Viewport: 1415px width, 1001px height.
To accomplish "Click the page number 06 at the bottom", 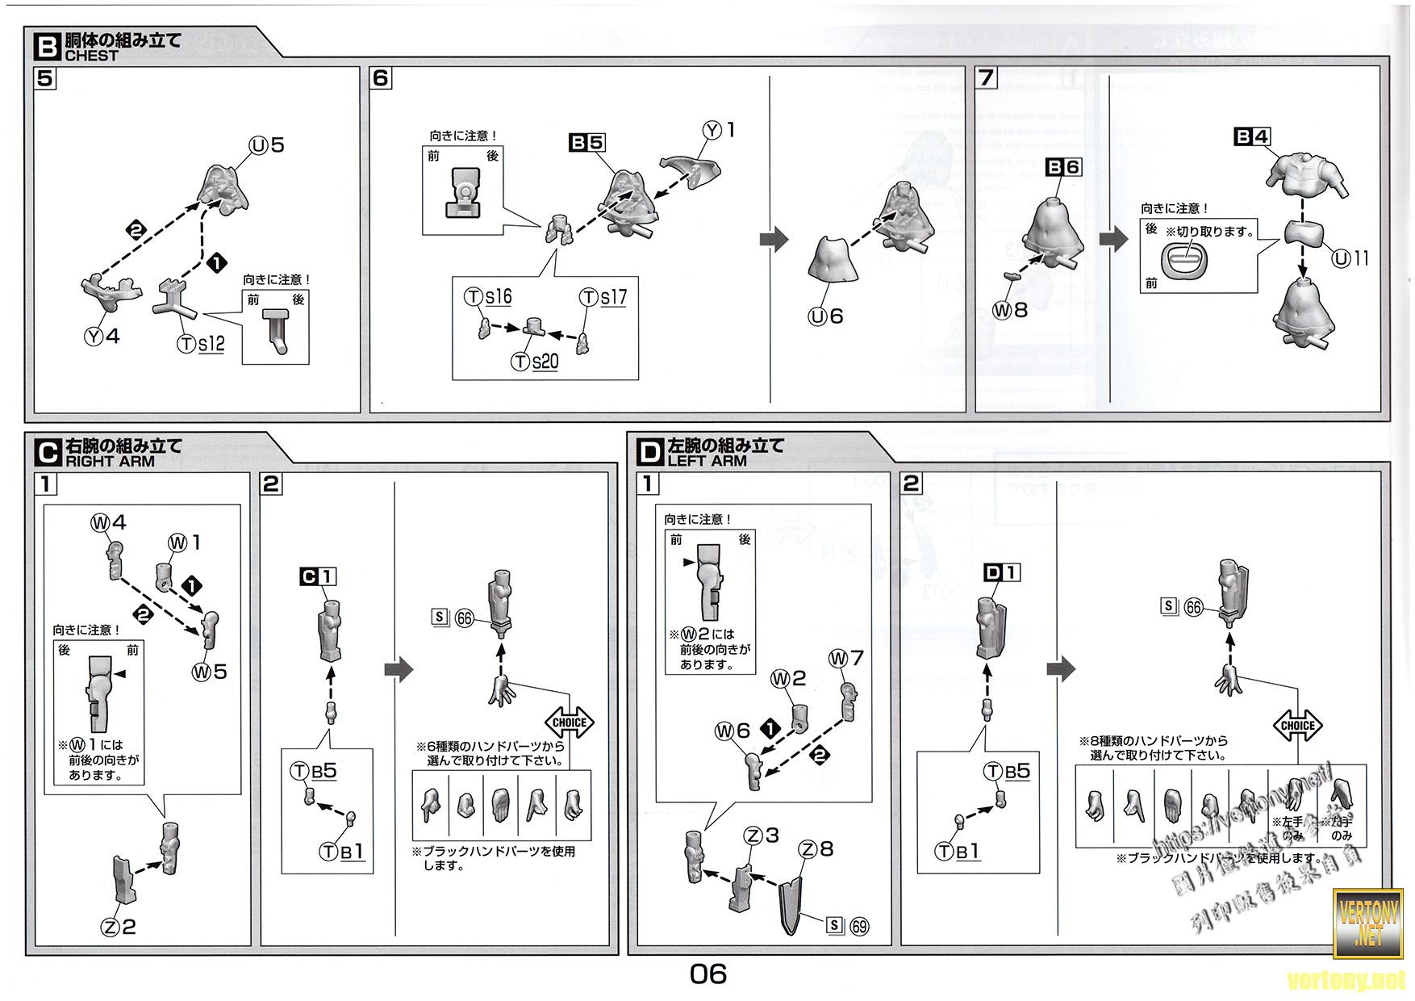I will tap(707, 974).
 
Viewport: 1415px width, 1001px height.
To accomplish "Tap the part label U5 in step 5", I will tap(267, 145).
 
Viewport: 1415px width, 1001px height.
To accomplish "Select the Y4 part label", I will tap(102, 336).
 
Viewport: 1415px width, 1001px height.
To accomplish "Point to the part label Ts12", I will tap(201, 344).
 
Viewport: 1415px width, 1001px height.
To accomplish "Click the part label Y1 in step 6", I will tap(720, 130).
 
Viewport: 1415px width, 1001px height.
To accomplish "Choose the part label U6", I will tap(826, 316).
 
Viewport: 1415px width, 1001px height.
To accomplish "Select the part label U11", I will tap(1350, 258).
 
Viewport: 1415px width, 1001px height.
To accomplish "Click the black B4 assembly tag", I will tap(1252, 137).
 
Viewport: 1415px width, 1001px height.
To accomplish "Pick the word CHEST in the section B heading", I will tap(91, 56).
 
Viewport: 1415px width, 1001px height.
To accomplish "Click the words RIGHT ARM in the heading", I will tap(110, 462).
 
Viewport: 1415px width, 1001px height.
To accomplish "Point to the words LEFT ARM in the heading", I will tap(707, 461).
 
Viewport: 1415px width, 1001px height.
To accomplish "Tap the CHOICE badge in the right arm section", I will tap(570, 722).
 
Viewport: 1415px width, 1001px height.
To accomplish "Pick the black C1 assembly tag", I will tap(318, 576).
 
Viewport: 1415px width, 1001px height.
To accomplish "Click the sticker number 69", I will tap(859, 926).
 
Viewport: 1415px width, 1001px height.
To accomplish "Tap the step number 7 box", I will tap(986, 78).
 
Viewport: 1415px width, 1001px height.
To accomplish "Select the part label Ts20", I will tap(535, 362).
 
